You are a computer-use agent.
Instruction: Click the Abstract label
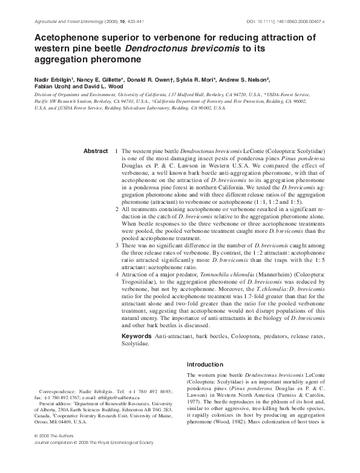click(95, 151)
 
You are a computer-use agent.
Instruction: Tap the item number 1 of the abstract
click(116, 151)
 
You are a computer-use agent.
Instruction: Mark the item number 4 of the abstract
click(116, 274)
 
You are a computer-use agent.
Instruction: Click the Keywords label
click(137, 335)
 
